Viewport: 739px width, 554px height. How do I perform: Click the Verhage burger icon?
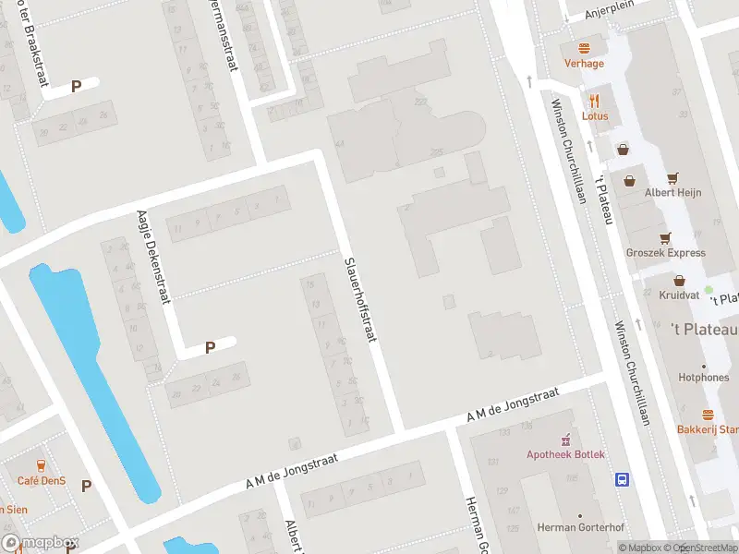[584, 48]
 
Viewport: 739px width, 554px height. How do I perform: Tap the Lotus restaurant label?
[594, 116]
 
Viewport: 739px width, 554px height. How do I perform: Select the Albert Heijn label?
[673, 192]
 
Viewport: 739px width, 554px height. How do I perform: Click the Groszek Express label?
[665, 253]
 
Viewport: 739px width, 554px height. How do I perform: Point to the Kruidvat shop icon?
[679, 280]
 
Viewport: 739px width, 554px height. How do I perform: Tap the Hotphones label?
[704, 378]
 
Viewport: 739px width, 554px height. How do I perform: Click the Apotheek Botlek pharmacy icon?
[566, 439]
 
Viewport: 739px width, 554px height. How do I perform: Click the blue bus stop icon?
[623, 479]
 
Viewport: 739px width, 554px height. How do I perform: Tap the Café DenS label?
[41, 480]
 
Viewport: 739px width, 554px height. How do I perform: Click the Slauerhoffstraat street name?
[360, 299]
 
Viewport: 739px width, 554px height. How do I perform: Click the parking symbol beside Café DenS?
[86, 486]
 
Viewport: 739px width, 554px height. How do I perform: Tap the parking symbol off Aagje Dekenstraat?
[210, 348]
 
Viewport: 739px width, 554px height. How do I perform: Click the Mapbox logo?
[41, 543]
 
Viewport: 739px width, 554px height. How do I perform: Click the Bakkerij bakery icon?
[708, 415]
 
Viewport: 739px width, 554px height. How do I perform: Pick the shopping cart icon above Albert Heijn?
[672, 177]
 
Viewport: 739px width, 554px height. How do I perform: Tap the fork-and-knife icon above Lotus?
[594, 102]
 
